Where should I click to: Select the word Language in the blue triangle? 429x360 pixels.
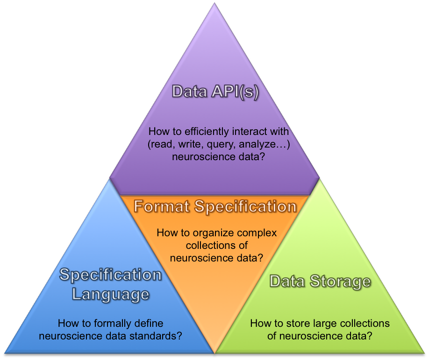[111, 294]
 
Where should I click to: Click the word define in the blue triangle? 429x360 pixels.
[150, 323]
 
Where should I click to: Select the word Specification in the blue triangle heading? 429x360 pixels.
[111, 275]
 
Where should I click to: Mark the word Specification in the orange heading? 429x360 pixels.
[245, 206]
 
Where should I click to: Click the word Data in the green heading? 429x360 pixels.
[287, 281]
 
